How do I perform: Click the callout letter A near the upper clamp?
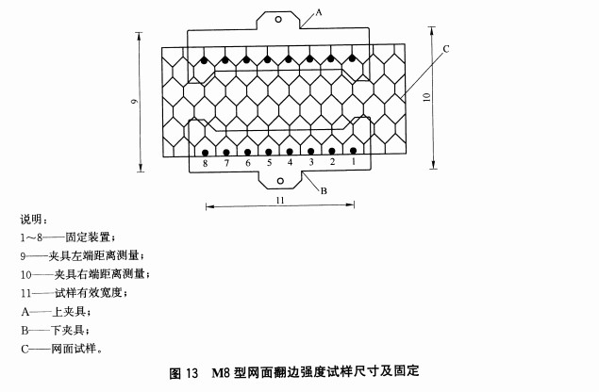pos(319,12)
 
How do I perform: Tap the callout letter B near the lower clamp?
pos(324,191)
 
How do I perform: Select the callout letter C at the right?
pos(446,49)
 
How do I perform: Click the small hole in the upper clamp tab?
pos(278,19)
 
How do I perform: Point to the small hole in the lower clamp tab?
pos(280,181)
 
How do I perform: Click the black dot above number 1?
pos(353,151)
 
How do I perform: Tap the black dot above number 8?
pos(205,153)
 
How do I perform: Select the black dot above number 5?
pos(269,153)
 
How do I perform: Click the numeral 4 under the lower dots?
pos(290,162)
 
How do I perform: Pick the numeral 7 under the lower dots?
pos(226,163)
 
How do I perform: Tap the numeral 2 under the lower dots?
pos(332,162)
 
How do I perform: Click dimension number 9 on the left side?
pos(134,101)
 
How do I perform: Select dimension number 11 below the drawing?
pos(280,200)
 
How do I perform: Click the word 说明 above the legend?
pos(31,220)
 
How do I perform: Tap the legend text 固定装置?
pos(88,237)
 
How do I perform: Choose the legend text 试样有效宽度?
pos(88,293)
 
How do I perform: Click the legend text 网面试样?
pos(74,349)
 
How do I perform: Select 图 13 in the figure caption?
pos(184,372)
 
